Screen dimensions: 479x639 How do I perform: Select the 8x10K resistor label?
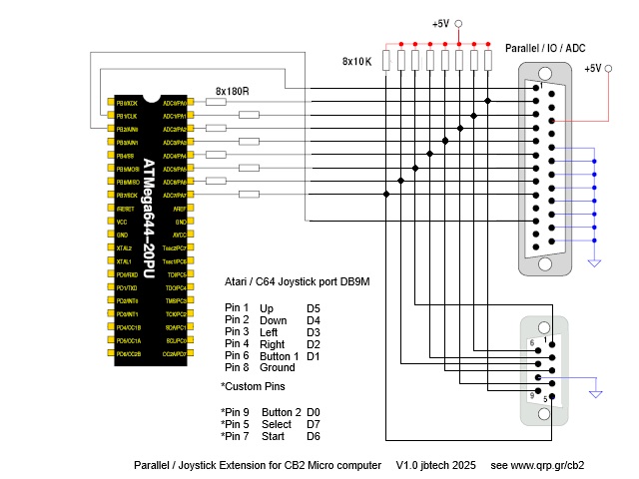coord(356,61)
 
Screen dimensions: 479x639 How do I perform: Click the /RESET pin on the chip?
coord(126,209)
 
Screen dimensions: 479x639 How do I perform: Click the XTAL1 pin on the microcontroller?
coord(125,261)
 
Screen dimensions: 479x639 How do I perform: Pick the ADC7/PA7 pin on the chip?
coord(175,196)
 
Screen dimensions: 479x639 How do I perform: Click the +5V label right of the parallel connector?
coord(593,68)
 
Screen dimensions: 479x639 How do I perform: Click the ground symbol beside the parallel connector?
coord(595,261)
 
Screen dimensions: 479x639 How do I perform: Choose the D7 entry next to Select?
coord(314,424)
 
